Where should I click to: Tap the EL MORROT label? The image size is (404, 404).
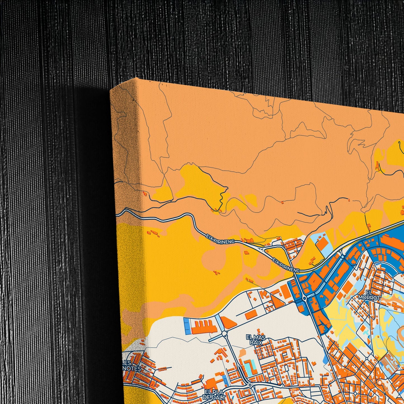369,295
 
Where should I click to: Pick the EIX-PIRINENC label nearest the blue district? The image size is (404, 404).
286,265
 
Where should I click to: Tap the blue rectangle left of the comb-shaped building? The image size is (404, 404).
186,326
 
